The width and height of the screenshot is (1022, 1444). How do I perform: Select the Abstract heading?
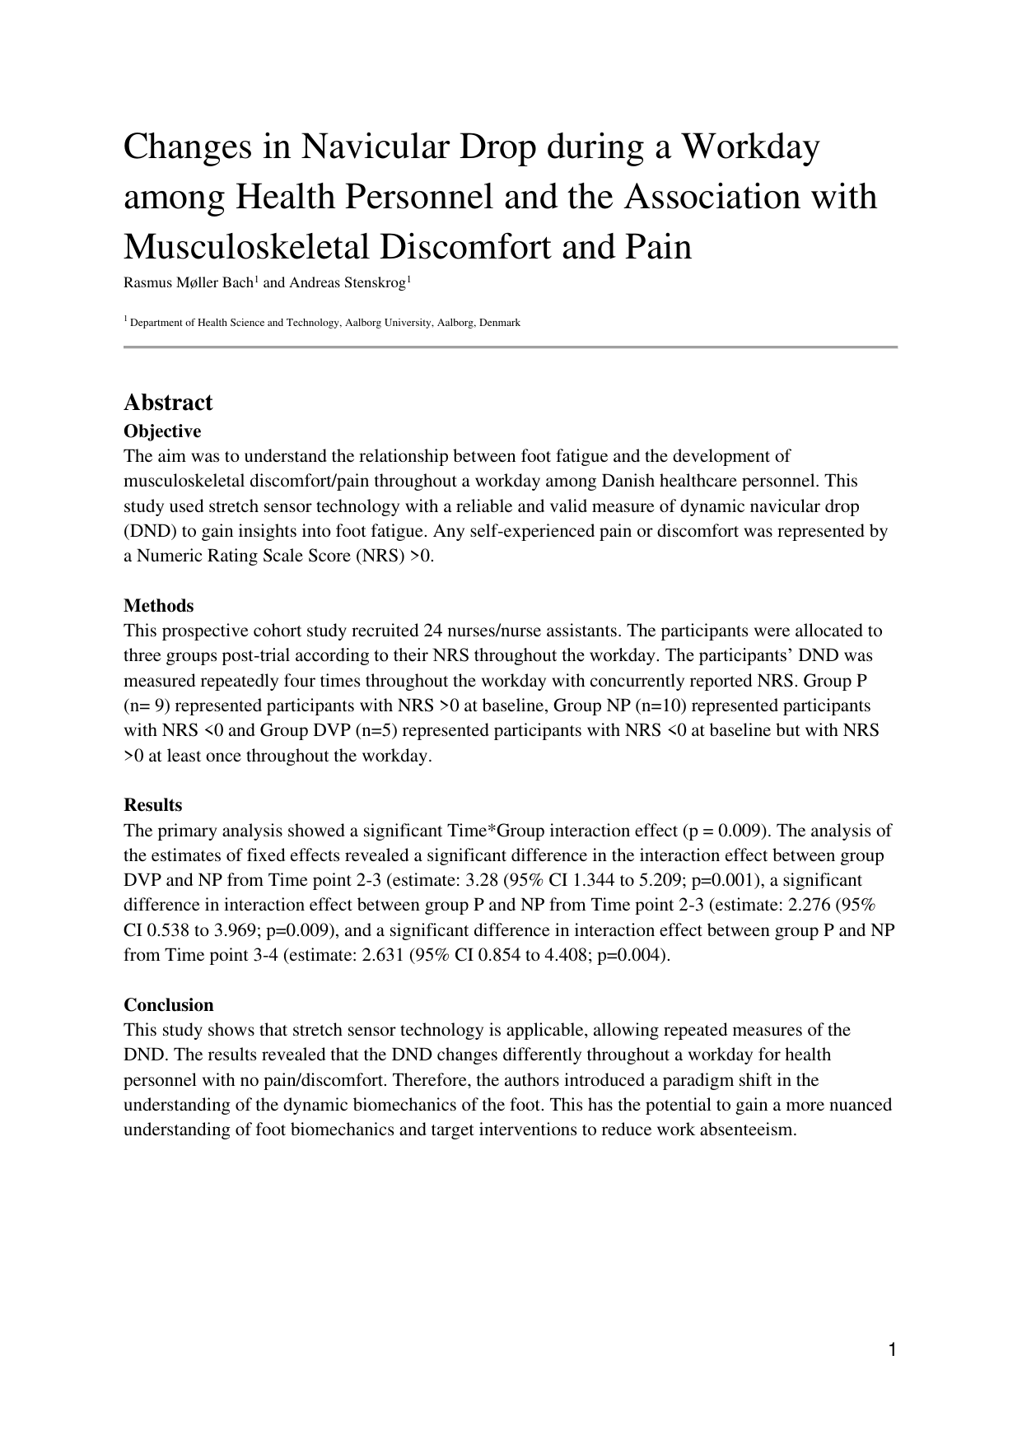point(168,403)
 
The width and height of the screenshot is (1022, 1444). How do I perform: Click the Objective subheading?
point(162,431)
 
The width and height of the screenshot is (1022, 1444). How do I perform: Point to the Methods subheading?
point(159,606)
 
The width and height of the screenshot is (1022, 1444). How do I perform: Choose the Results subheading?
point(153,805)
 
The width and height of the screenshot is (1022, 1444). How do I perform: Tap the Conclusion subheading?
point(169,1005)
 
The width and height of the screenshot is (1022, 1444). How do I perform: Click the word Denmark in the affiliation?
point(501,323)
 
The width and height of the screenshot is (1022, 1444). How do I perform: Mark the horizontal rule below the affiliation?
point(511,347)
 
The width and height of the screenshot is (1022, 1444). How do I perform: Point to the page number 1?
point(891,1349)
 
